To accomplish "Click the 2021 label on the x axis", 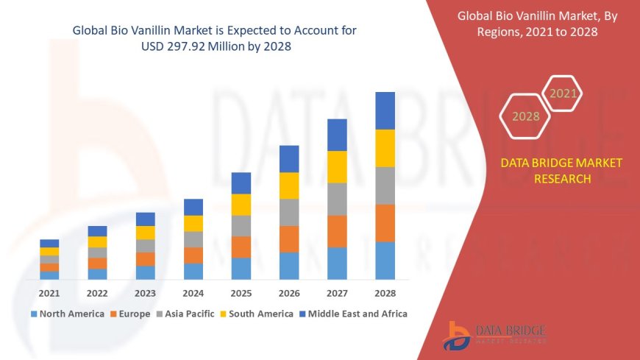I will [49, 293].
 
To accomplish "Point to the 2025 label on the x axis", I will [241, 293].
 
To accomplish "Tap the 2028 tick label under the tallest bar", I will [385, 293].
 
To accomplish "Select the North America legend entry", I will [67, 314].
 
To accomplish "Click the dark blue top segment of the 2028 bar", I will [385, 110].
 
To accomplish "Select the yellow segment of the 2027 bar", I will [337, 166].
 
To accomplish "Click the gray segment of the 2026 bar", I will [289, 212].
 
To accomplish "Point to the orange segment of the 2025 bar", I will [241, 247].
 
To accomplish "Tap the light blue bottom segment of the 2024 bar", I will [193, 271].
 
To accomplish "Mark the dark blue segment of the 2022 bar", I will [97, 231].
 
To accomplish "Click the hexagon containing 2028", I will [525, 116].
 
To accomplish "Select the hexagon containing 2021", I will [563, 93].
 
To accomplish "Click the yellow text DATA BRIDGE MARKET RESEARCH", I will [561, 171].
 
